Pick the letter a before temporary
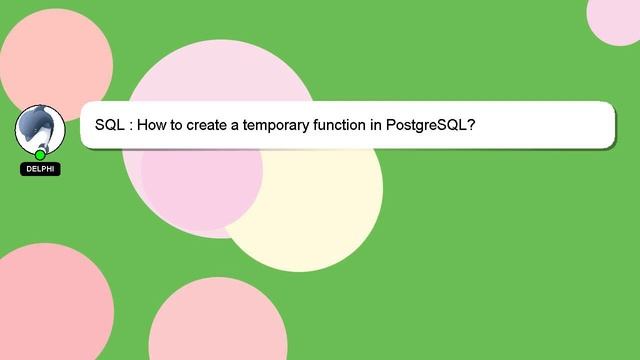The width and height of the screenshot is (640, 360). click(x=241, y=127)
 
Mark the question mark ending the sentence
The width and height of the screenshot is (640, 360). click(x=470, y=126)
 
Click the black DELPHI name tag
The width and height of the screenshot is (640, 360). click(x=40, y=169)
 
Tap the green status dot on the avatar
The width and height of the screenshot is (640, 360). click(x=40, y=154)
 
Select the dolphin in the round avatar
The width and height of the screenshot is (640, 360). click(x=40, y=127)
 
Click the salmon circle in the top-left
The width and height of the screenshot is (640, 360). click(x=55, y=60)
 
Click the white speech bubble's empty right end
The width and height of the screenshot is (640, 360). click(x=560, y=126)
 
